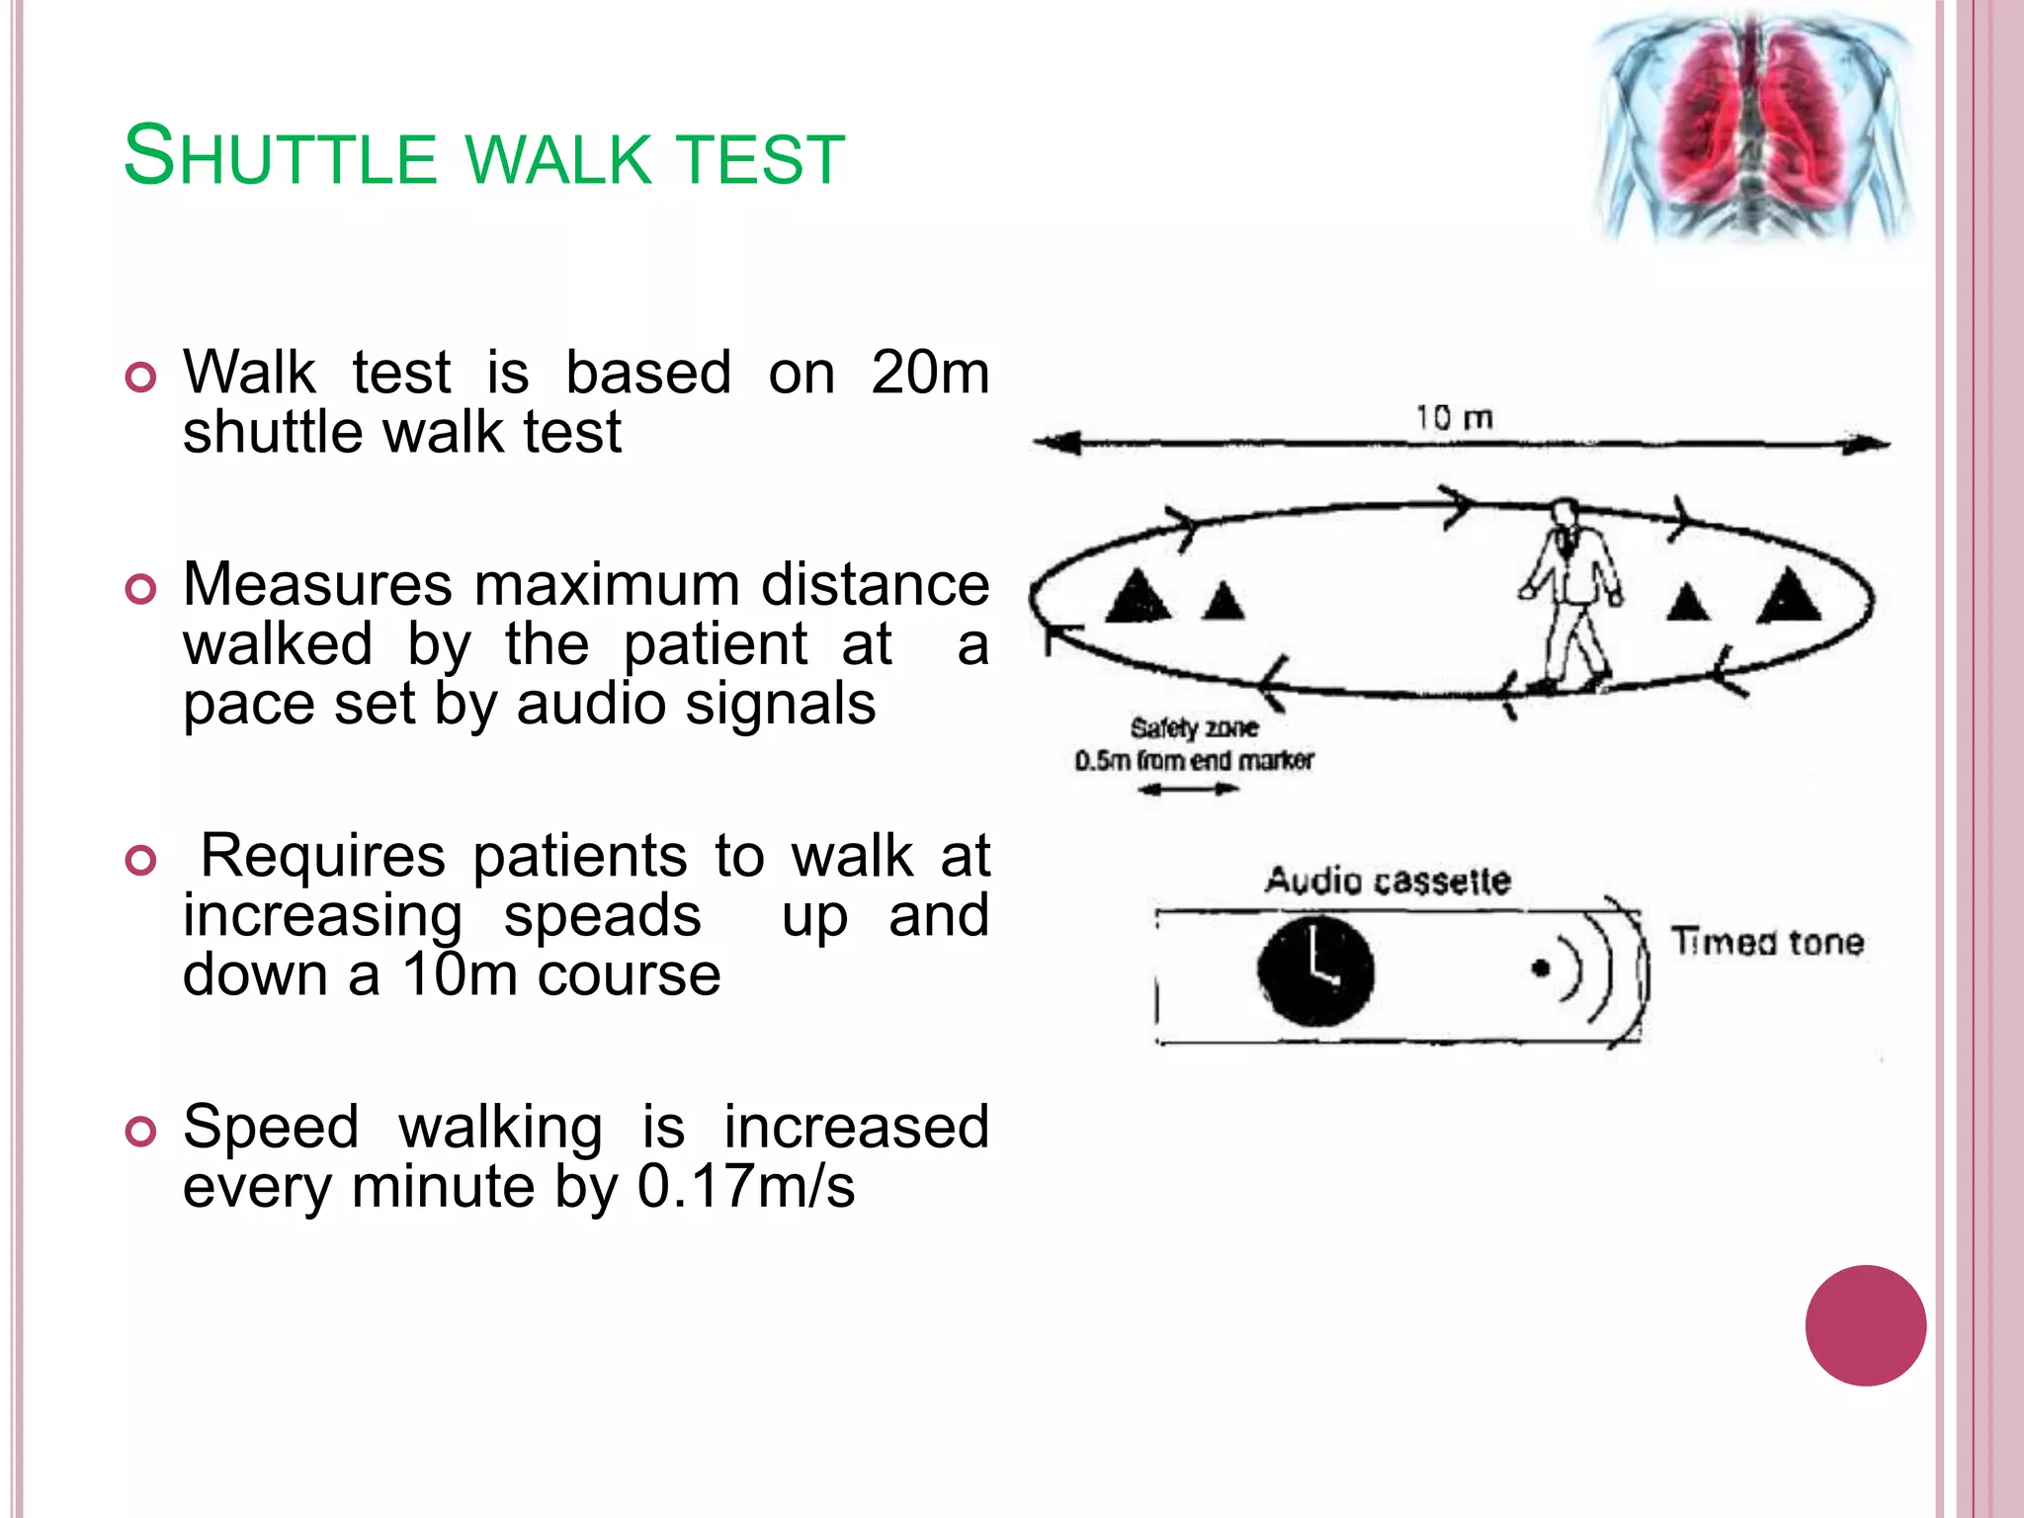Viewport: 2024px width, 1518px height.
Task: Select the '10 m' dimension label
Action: (x=1453, y=418)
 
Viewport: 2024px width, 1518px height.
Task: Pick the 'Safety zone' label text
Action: (x=1194, y=728)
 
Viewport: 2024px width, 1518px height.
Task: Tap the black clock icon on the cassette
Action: (x=1315, y=970)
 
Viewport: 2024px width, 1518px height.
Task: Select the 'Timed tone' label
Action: (x=1767, y=942)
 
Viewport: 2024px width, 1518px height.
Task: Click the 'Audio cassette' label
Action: (x=1388, y=881)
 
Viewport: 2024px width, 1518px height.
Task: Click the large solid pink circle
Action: (x=1865, y=1325)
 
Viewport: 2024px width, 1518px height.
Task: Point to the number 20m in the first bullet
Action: (x=929, y=374)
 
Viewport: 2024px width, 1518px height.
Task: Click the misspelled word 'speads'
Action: (x=603, y=916)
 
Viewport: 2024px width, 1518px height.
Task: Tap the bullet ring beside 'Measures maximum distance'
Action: (x=141, y=590)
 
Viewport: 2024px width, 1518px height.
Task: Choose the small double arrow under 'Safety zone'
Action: (x=1188, y=790)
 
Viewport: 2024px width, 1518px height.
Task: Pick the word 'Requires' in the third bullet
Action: (x=322, y=856)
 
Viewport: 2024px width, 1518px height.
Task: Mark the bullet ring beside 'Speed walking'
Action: (x=141, y=1132)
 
